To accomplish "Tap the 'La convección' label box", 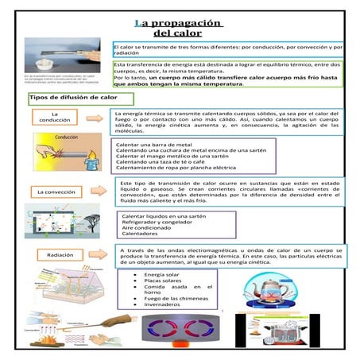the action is [x=56, y=192].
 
